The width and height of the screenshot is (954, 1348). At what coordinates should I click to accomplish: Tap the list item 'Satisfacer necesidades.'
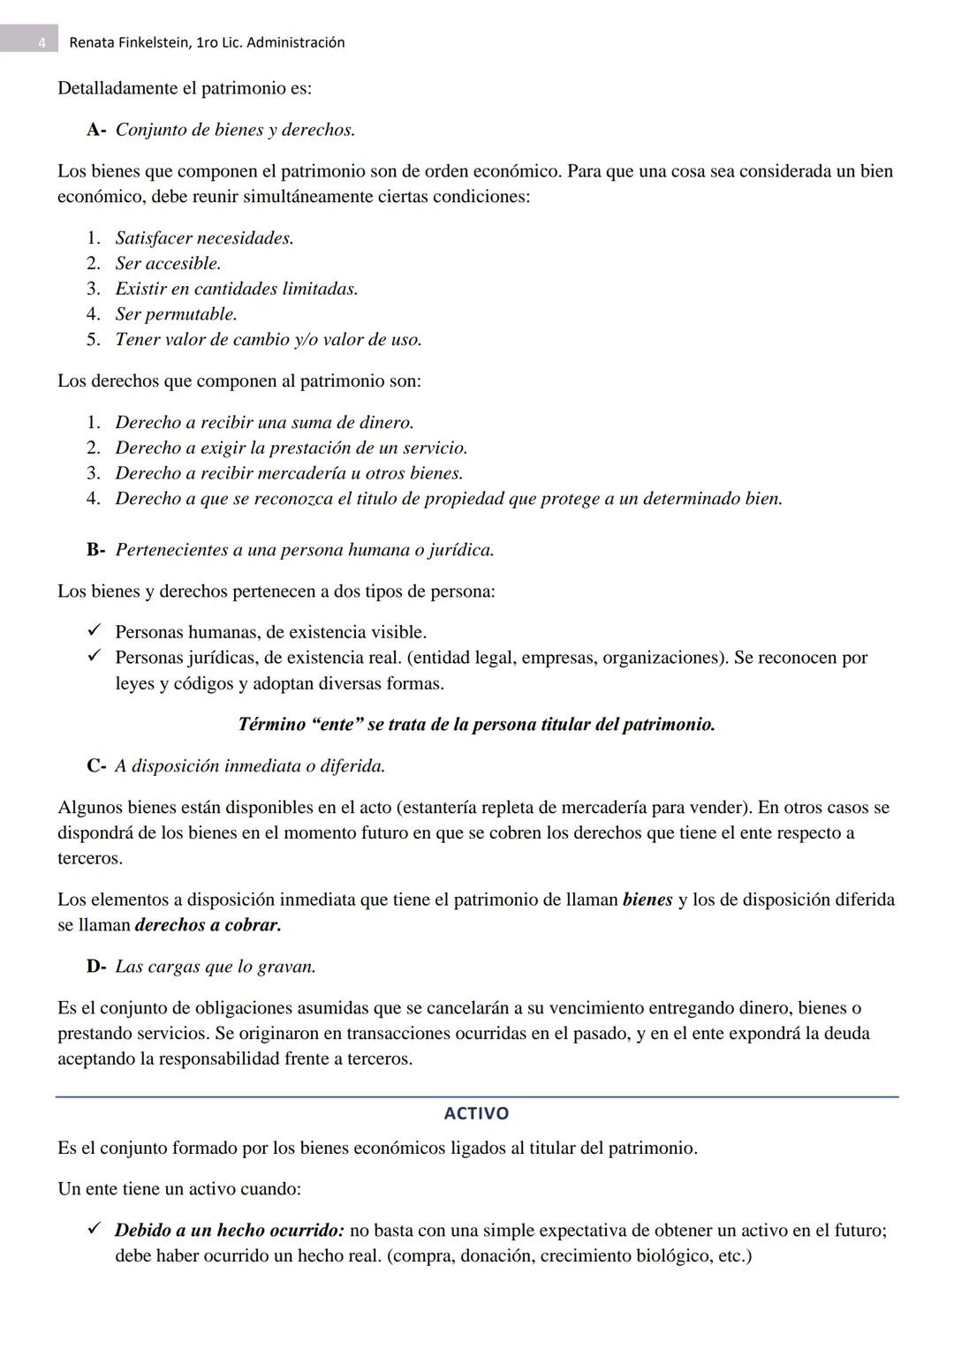(x=204, y=238)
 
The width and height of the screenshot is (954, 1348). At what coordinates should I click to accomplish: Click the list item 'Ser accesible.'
(x=168, y=263)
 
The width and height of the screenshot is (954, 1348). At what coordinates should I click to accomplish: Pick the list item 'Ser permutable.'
(x=176, y=314)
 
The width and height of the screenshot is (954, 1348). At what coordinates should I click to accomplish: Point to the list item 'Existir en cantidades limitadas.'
(x=236, y=289)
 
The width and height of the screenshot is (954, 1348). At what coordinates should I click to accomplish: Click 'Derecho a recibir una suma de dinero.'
(x=264, y=423)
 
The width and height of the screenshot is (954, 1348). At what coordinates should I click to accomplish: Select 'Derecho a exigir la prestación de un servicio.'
(x=291, y=448)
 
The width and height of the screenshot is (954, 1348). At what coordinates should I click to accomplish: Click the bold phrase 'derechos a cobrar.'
(x=208, y=925)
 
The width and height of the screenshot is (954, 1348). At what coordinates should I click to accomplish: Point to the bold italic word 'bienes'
(x=647, y=900)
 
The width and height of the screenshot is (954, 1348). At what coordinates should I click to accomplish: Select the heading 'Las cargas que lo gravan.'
(x=215, y=967)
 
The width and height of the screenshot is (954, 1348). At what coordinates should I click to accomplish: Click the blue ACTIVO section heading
(x=476, y=1113)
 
